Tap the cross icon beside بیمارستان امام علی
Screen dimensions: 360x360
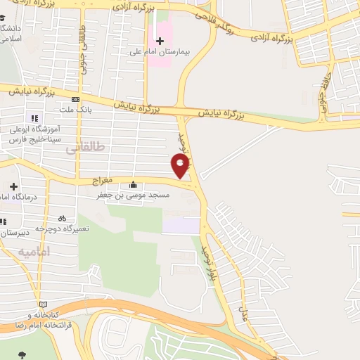tap(160, 40)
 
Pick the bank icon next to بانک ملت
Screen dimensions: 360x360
tap(75, 100)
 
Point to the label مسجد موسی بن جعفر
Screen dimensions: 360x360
tap(133, 197)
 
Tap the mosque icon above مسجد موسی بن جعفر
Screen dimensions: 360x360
tap(133, 186)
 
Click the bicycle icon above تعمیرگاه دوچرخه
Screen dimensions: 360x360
tap(62, 218)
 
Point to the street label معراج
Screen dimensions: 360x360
tap(103, 181)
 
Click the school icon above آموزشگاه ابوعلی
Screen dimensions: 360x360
tap(33, 118)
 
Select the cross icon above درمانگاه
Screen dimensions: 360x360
tap(13, 186)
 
